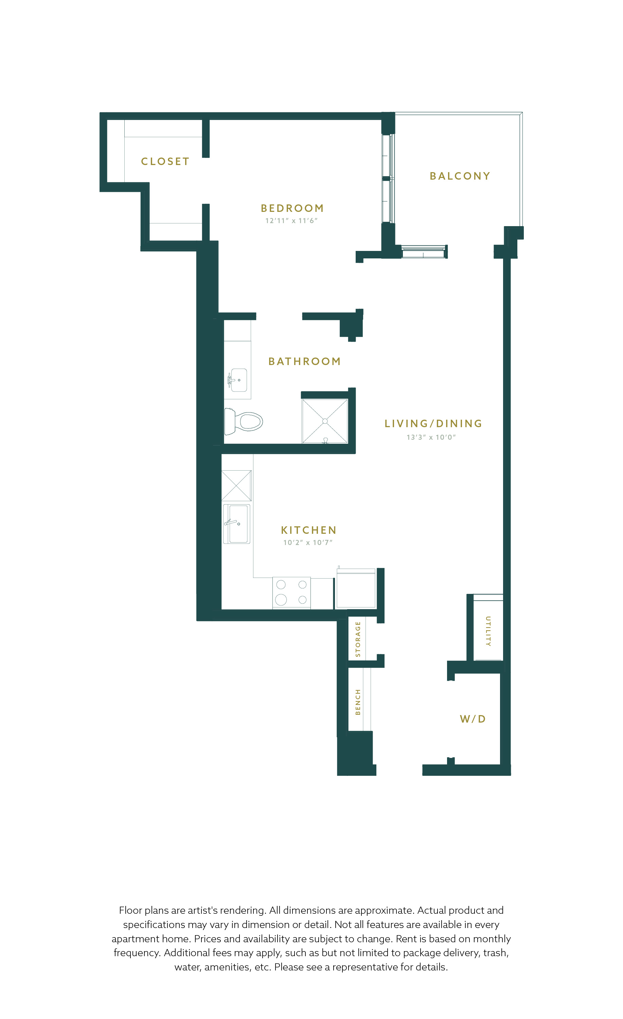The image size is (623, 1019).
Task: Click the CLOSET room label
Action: [165, 161]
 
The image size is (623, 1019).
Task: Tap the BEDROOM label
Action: [292, 208]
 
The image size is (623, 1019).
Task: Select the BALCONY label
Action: [460, 176]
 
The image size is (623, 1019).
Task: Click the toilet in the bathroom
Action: [244, 421]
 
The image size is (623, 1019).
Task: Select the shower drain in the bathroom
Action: [325, 421]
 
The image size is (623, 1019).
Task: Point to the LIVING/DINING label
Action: [433, 423]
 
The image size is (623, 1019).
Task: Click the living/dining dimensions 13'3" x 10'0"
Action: [431, 437]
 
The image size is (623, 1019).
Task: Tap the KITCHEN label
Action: [308, 530]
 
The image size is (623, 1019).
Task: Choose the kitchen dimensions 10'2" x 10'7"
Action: [308, 543]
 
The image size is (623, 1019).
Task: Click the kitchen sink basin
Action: [239, 524]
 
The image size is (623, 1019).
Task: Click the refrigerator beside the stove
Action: [356, 588]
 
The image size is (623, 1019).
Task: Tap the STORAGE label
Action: [358, 639]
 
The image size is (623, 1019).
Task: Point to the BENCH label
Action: [358, 702]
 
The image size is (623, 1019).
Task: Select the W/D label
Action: [473, 719]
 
